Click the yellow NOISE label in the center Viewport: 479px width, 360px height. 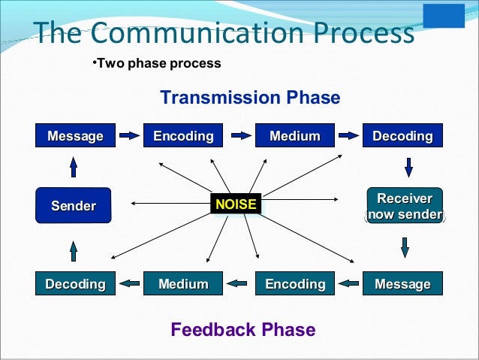point(235,204)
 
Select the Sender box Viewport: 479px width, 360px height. point(74,205)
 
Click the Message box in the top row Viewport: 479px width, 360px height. point(76,136)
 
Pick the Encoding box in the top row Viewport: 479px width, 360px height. point(183,136)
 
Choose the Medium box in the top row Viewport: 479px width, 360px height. point(295,136)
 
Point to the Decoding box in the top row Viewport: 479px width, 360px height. point(402,136)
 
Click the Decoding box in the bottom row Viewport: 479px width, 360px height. point(76,283)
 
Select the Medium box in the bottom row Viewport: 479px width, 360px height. point(183,283)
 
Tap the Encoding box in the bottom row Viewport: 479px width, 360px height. point(295,283)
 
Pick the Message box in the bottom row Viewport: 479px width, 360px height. point(402,283)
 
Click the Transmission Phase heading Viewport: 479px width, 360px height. point(250,98)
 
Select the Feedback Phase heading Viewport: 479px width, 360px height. point(243,329)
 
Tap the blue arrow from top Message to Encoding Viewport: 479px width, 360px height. point(130,136)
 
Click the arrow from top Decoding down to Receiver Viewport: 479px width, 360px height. point(408,167)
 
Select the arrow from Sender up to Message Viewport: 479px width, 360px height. point(74,166)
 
